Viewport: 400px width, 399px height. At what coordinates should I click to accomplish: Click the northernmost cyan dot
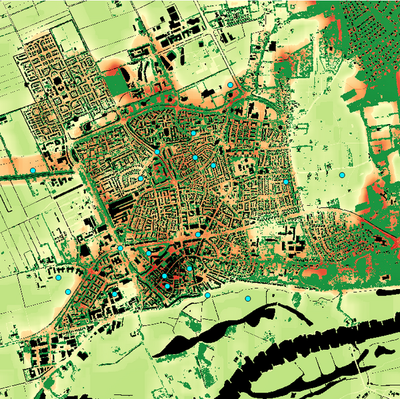pyautogui.click(x=230, y=85)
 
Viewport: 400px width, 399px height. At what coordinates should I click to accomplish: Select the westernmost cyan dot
pyautogui.click(x=32, y=171)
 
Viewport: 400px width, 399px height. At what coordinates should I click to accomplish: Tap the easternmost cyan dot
pyautogui.click(x=342, y=175)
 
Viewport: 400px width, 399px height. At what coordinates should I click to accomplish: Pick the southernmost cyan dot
pyautogui.click(x=247, y=299)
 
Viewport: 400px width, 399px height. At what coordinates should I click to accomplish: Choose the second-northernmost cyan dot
pyautogui.click(x=193, y=133)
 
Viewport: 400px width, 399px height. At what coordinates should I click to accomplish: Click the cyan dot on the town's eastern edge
pyautogui.click(x=286, y=182)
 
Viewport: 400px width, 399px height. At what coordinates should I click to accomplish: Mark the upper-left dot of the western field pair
pyautogui.click(x=58, y=277)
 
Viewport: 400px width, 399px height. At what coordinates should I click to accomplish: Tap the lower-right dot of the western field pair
pyautogui.click(x=67, y=292)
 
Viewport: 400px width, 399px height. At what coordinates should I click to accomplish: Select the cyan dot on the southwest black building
pyautogui.click(x=115, y=294)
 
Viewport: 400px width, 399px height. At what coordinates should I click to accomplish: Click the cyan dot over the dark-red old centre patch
pyautogui.click(x=167, y=286)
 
